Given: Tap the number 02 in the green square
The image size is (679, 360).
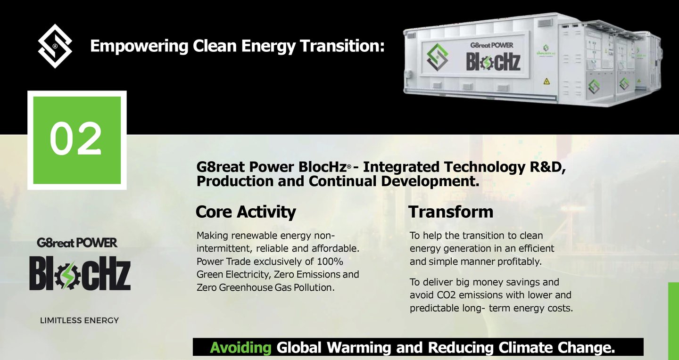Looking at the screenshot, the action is coord(75,139).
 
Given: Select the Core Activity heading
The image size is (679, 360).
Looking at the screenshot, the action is coord(246,212).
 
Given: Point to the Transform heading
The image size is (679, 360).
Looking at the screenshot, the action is coord(451,212).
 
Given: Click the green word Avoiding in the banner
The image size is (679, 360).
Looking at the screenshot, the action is coord(240,348).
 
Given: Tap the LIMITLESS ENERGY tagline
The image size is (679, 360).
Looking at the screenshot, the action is coord(79,320).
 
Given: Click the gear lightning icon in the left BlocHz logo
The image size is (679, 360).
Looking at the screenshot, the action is coord(68,276).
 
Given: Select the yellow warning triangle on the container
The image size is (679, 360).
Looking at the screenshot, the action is coord(547,81).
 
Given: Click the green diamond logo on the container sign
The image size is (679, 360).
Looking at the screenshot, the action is coord(437,57).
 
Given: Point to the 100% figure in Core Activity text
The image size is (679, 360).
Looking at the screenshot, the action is coord(330,262).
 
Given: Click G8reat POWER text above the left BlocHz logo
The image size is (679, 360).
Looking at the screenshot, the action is coord(77,243).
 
